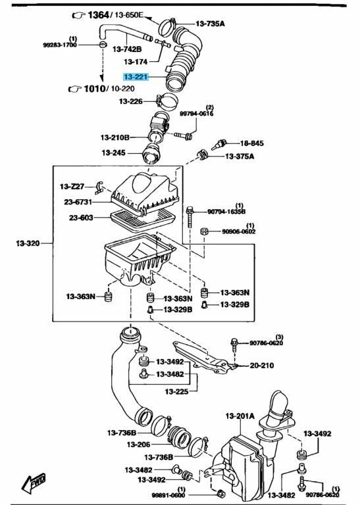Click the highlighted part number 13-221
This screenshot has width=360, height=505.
point(136,77)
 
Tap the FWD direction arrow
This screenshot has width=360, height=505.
point(33,483)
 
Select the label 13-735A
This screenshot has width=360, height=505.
point(210,24)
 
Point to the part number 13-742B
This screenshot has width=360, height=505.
point(127,49)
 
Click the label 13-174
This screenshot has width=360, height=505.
point(136,62)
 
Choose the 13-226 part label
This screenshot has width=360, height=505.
point(131,101)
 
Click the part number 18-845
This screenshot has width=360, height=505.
point(251,143)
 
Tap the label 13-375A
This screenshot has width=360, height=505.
point(240,156)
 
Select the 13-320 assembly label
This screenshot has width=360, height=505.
point(28,243)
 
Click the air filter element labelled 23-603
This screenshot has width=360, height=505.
point(142,220)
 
